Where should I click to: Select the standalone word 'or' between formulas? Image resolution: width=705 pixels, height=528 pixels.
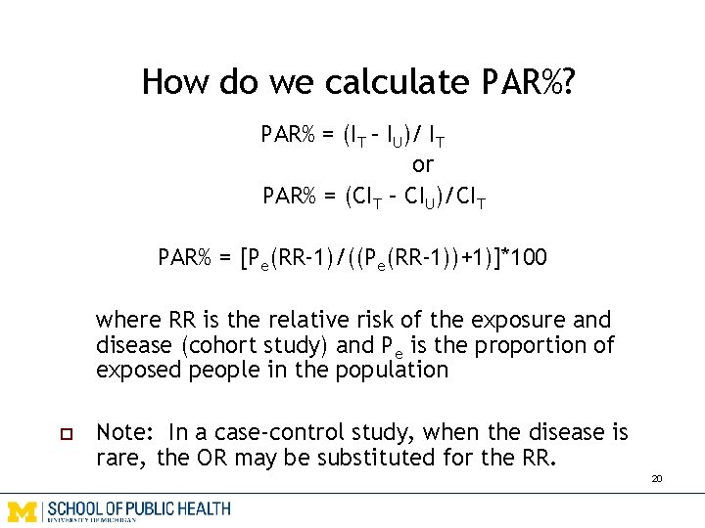[x=422, y=164]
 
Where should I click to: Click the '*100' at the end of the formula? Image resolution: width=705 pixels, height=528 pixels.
[x=525, y=258]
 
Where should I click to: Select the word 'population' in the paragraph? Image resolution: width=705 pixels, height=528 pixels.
[x=392, y=370]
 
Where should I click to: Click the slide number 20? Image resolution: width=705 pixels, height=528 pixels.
[x=656, y=479]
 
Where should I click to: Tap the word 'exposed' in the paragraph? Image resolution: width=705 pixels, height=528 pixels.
[x=134, y=370]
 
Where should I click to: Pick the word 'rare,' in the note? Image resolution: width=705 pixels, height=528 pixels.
[x=120, y=457]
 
